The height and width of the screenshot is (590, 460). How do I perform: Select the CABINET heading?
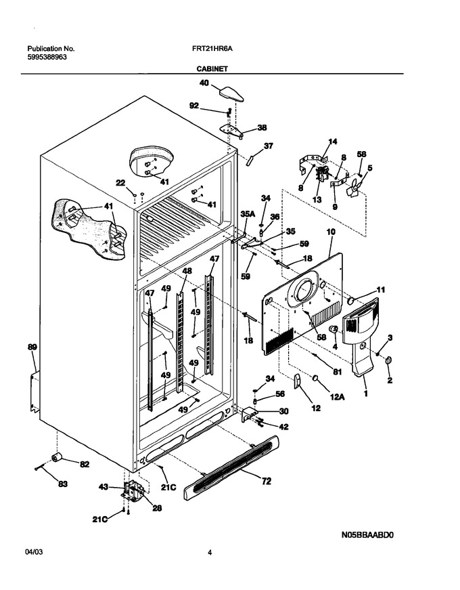(x=212, y=69)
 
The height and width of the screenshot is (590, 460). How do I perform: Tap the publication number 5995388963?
(x=47, y=57)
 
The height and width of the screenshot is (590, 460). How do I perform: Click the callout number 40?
(x=204, y=83)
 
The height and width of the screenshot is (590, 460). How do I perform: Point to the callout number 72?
(x=266, y=481)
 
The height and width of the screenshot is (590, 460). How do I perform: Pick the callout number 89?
(x=32, y=347)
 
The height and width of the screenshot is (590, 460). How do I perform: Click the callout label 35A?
(x=248, y=214)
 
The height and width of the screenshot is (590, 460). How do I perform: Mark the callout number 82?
(x=85, y=464)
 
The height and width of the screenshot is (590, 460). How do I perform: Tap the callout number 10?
(x=331, y=232)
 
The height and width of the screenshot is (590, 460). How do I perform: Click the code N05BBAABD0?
(x=367, y=534)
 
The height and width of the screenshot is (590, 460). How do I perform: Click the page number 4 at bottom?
(x=210, y=553)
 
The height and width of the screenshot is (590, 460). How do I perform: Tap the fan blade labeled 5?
(x=354, y=187)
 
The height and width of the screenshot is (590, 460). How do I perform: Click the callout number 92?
(x=194, y=106)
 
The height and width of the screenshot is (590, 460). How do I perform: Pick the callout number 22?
(x=120, y=183)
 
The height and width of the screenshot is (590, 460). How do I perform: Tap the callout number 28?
(x=157, y=508)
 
